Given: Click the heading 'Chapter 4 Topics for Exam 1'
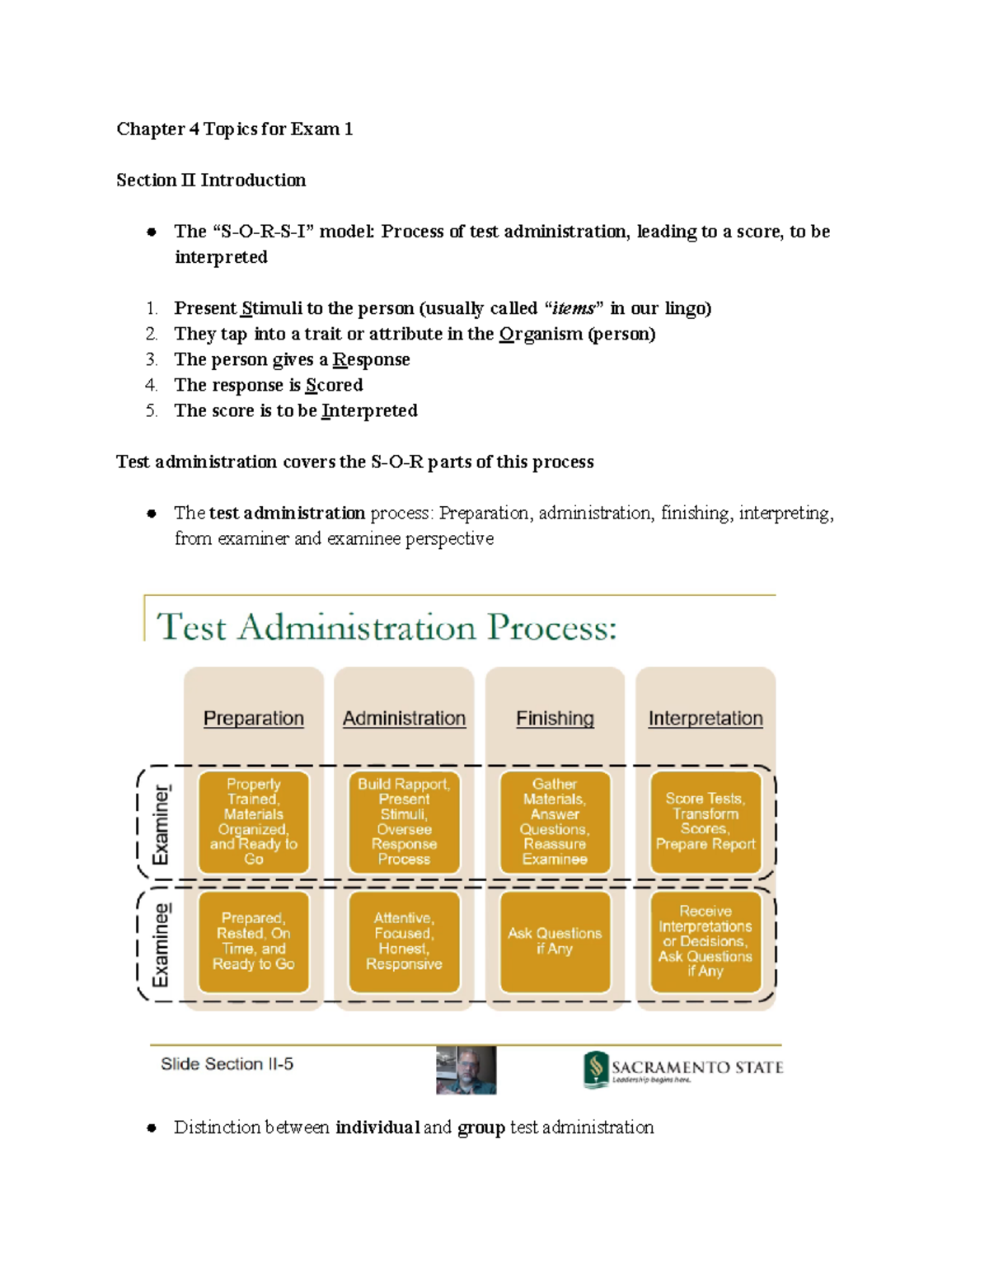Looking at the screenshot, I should [x=234, y=129].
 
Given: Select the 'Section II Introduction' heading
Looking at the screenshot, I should [x=211, y=181].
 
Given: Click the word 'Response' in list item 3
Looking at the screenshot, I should [x=371, y=359].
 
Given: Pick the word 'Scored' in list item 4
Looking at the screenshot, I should [x=334, y=385].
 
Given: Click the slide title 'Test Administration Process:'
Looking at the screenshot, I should [x=387, y=628].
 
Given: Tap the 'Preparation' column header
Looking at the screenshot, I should [x=254, y=719].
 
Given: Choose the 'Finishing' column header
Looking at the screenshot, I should [x=555, y=719].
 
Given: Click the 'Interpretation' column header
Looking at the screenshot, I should [x=705, y=719].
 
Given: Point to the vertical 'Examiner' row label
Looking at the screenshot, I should [x=161, y=824].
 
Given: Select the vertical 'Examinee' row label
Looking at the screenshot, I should [x=161, y=945].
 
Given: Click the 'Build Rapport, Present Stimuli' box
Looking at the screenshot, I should [x=404, y=822].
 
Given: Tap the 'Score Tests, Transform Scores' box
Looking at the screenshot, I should [x=705, y=822].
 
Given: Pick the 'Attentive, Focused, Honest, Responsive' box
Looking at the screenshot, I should [x=404, y=941].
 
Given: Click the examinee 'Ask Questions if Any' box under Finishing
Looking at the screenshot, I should [x=555, y=941].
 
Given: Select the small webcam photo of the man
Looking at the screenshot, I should [x=466, y=1070].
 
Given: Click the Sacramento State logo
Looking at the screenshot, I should [x=683, y=1069].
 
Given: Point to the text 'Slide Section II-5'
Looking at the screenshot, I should [x=227, y=1064].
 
